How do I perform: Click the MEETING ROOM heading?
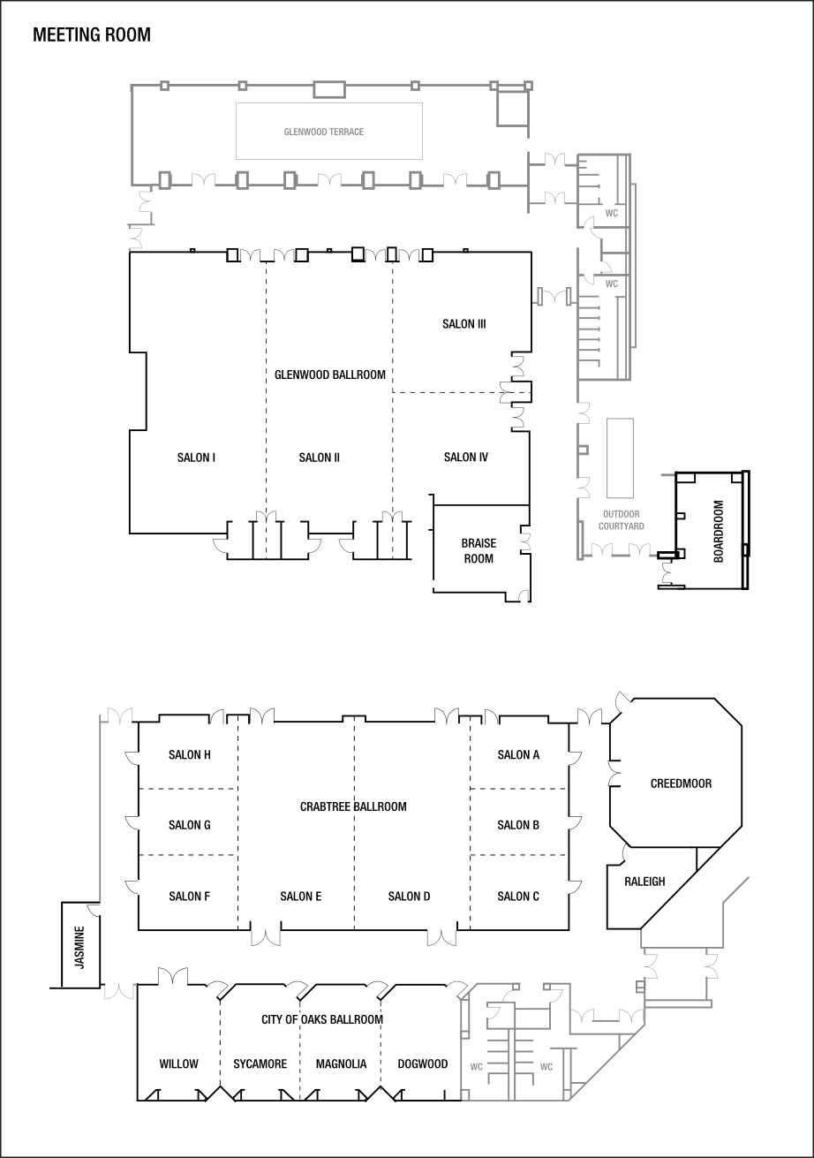click(x=92, y=35)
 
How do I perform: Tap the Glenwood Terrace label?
click(x=324, y=132)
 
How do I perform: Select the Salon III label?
click(x=464, y=324)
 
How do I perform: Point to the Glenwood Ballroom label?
click(x=330, y=375)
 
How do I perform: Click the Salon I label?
click(x=197, y=457)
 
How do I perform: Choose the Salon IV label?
click(x=465, y=457)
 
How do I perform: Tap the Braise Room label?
click(x=479, y=550)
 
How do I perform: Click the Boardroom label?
click(x=719, y=532)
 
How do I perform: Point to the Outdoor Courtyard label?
click(x=621, y=519)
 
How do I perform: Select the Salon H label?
click(x=189, y=754)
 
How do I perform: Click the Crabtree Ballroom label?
click(x=353, y=806)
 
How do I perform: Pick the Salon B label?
click(x=518, y=825)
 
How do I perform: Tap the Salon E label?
click(x=300, y=897)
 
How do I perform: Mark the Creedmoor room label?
click(x=681, y=783)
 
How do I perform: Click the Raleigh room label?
click(x=644, y=881)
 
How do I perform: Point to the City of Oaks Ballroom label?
click(x=322, y=1019)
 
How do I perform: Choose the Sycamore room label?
click(x=260, y=1063)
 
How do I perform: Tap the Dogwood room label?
click(x=422, y=1063)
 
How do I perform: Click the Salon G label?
click(x=189, y=825)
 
